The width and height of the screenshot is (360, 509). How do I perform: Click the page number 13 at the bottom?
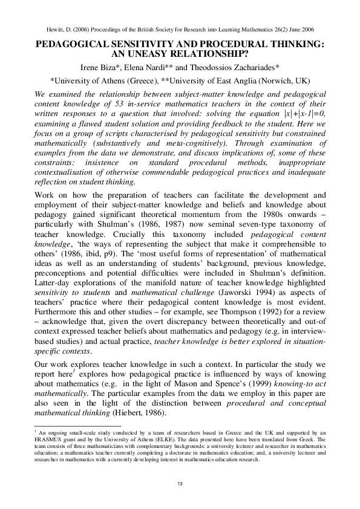point(180,484)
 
